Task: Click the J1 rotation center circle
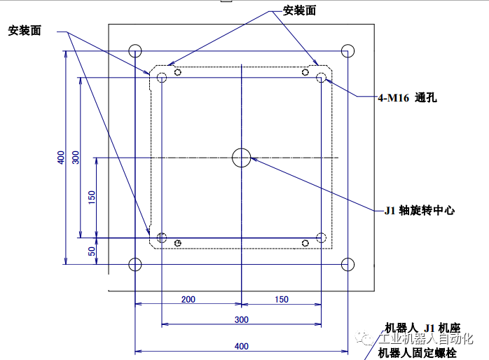[x=241, y=158]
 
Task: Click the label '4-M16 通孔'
[x=407, y=98]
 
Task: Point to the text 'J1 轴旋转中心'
[x=420, y=210]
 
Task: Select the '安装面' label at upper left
[x=25, y=31]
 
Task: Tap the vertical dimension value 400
[x=61, y=158]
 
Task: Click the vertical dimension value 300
[x=76, y=158]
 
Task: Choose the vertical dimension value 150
[x=92, y=198]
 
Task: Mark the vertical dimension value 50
[x=92, y=251]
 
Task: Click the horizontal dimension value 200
[x=188, y=299]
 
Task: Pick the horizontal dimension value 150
[x=281, y=299]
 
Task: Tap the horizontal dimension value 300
[x=241, y=319]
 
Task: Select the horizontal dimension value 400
[x=241, y=346]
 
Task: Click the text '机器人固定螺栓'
[x=417, y=352]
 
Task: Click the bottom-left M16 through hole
[x=162, y=238]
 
